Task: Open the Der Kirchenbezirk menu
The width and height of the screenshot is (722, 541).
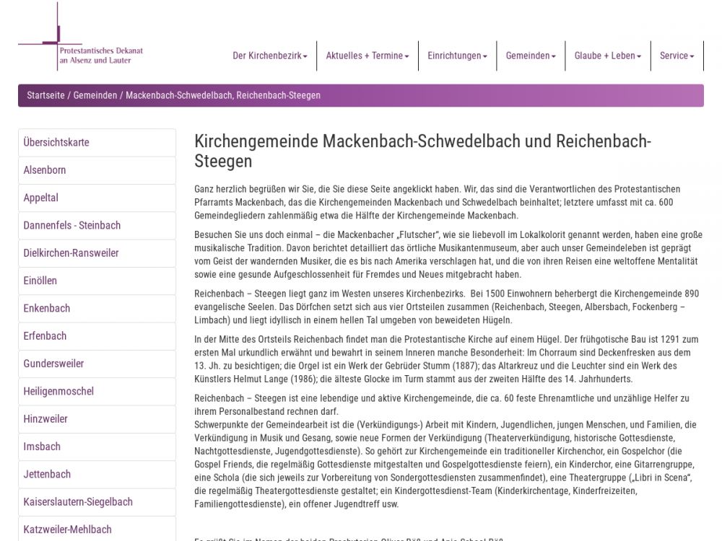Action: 269,56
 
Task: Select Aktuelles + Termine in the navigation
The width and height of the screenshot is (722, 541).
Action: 367,56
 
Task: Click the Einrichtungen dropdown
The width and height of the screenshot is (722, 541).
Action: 457,56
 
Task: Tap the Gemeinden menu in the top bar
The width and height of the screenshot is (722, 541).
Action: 530,56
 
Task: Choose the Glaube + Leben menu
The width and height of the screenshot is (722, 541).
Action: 607,56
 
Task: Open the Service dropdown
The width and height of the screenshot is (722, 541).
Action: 677,56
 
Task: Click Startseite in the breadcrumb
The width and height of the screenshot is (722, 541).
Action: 45,95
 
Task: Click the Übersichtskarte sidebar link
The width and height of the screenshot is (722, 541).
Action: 56,142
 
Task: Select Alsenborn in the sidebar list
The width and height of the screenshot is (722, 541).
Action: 45,170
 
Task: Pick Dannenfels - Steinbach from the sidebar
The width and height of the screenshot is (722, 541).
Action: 72,225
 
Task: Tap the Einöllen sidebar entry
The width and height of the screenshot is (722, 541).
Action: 40,281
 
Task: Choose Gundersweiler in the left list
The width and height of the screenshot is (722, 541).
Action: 54,364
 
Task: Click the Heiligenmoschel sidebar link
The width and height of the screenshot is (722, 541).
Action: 58,391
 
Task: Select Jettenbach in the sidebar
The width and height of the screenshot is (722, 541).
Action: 47,474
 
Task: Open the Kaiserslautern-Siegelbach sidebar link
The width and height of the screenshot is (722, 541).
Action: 78,501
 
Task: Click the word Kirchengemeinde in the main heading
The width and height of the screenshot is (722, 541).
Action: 256,141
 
